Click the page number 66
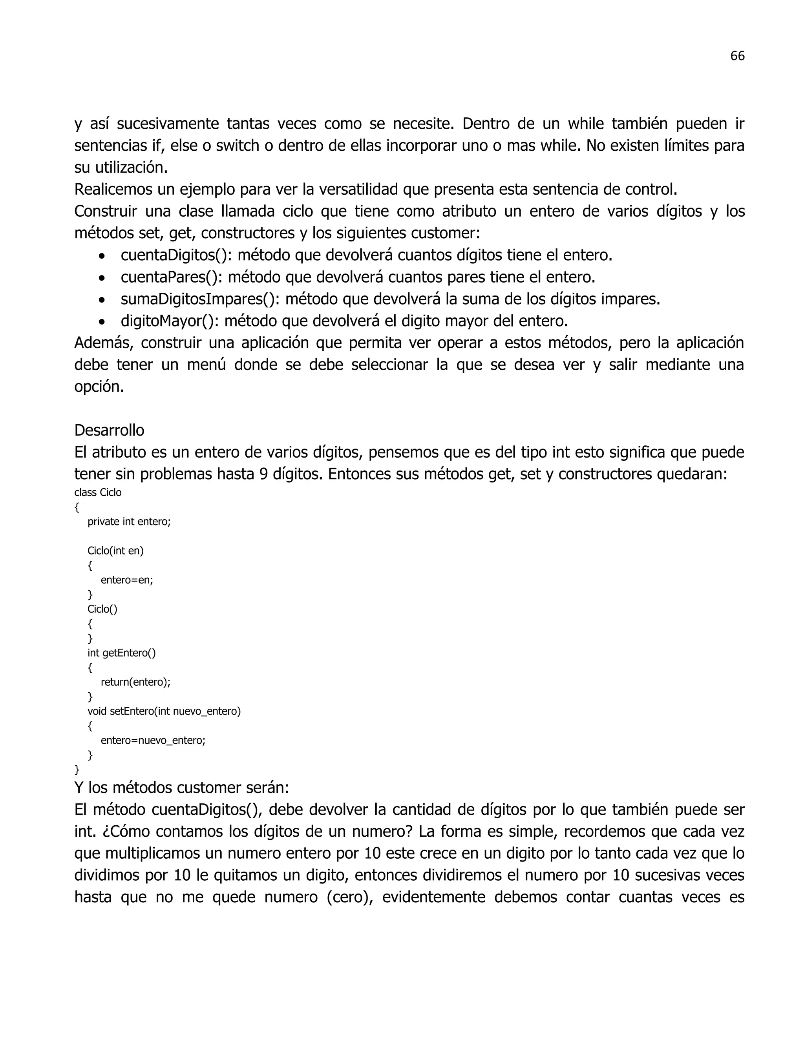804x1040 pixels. (737, 56)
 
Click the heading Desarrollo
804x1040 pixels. (109, 430)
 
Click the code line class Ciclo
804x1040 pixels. (98, 493)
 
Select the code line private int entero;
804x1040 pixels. (129, 522)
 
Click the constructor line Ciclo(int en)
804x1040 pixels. (115, 551)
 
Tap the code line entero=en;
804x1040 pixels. (127, 580)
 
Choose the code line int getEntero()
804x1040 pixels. (121, 653)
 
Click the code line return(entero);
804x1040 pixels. (135, 682)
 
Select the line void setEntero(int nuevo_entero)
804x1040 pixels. (164, 712)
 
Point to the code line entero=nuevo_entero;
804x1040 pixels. (153, 741)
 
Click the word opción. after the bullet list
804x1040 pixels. (99, 387)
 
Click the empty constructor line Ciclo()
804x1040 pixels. (102, 609)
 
